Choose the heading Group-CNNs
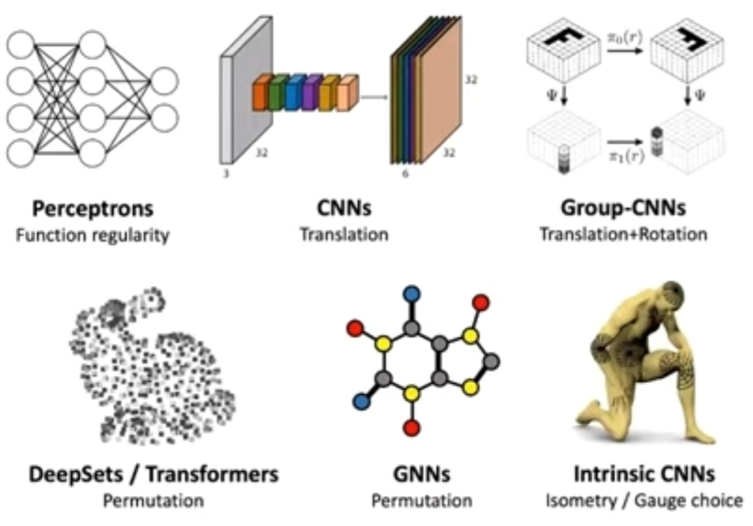(623, 209)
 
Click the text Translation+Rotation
(623, 234)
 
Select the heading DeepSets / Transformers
(153, 474)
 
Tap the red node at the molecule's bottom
(412, 428)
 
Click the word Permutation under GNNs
(421, 500)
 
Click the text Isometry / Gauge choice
(644, 500)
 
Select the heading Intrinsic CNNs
(644, 474)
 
